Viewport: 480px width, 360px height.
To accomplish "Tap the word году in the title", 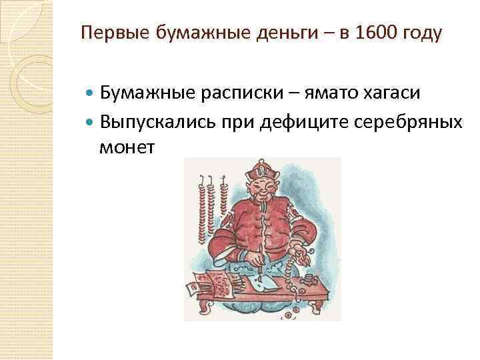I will pos(421,33).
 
